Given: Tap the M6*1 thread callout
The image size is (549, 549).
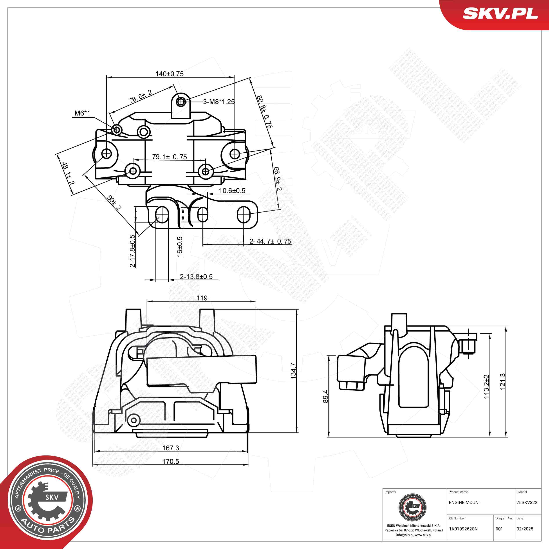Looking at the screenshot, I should [82, 113].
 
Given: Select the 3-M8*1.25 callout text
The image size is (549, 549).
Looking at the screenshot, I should [219, 102].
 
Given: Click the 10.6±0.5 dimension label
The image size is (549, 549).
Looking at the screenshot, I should [232, 191].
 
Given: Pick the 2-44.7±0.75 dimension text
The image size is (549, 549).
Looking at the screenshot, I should [270, 241].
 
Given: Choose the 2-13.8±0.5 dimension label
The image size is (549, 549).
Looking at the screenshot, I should [196, 276].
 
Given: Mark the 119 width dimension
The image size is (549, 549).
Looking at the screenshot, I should [202, 298].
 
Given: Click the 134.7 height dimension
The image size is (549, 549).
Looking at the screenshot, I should [294, 371].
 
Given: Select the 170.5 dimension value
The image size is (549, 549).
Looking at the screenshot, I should [170, 461].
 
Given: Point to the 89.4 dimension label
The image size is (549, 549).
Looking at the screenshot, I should [326, 396].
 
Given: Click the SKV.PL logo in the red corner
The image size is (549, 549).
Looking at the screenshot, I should [500, 13].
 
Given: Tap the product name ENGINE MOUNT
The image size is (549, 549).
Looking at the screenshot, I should [465, 502].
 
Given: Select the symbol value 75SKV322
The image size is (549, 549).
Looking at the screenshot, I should [527, 502].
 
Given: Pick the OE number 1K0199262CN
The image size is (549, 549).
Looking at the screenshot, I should [463, 529].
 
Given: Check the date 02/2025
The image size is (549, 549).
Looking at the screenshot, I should [525, 529].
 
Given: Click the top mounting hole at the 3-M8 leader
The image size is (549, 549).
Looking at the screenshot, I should [181, 101].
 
